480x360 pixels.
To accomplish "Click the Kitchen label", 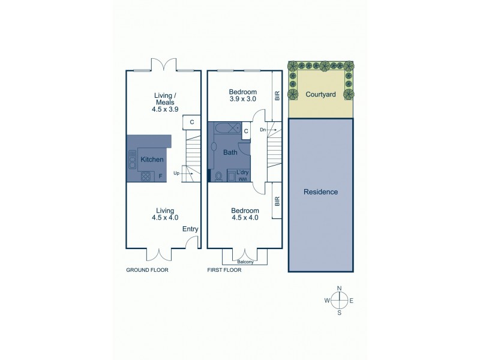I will point(152,160).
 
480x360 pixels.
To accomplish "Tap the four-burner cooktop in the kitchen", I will point(145,176).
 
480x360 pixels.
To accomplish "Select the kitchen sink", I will point(132,160).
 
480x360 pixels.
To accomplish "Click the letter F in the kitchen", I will point(160,176).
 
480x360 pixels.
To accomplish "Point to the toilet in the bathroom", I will point(220,176).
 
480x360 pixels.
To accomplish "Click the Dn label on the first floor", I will point(263,129).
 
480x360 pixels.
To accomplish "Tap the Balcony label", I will point(244,262).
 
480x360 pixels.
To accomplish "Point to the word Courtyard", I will point(319,94).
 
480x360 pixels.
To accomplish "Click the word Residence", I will point(321,192).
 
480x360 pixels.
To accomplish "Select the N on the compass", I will point(340,288).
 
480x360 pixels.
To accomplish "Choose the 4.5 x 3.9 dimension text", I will point(165,109).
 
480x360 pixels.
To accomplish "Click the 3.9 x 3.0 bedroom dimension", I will point(243,100).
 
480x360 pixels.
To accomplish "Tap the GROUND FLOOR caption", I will point(147,271).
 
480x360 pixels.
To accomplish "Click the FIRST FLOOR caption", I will point(224,271).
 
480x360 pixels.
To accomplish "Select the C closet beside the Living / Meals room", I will point(191,122).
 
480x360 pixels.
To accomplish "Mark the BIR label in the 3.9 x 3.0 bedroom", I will point(277,96).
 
